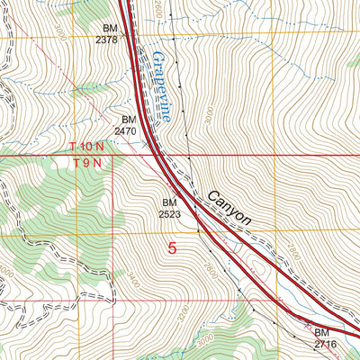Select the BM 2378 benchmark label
click(x=105, y=33)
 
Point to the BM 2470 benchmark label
click(x=125, y=125)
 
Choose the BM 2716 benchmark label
click(x=325, y=338)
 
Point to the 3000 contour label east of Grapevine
click(x=210, y=118)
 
